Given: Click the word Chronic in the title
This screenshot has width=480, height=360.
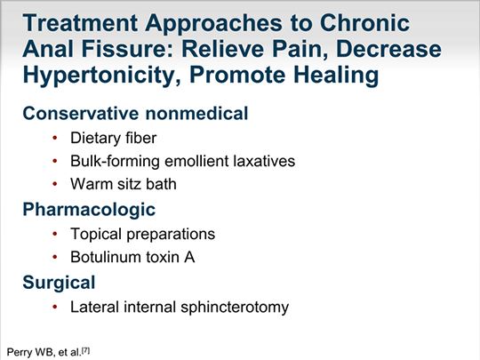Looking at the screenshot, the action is pos(364,22).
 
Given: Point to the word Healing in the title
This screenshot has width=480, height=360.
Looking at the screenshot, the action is pos(336,76).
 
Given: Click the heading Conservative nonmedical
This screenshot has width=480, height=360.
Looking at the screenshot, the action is pos(135,113).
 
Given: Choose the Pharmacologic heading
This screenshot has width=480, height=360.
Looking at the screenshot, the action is pos(89,210).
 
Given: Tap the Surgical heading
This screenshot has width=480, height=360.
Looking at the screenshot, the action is pos(59,283).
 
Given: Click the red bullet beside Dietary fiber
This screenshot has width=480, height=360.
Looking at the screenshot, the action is pos(55,138).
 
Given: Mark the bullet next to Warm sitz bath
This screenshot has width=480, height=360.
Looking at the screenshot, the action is pos(55,184).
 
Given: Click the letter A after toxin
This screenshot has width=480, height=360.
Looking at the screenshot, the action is pos(189,257).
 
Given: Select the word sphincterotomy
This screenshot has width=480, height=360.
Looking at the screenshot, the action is pos(235,307).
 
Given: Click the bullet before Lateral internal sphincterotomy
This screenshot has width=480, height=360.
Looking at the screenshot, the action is pos(55,307).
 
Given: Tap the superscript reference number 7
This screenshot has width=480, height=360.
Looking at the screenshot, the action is pos(86,350).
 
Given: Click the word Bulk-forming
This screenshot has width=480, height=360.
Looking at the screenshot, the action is pos(115,162).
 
